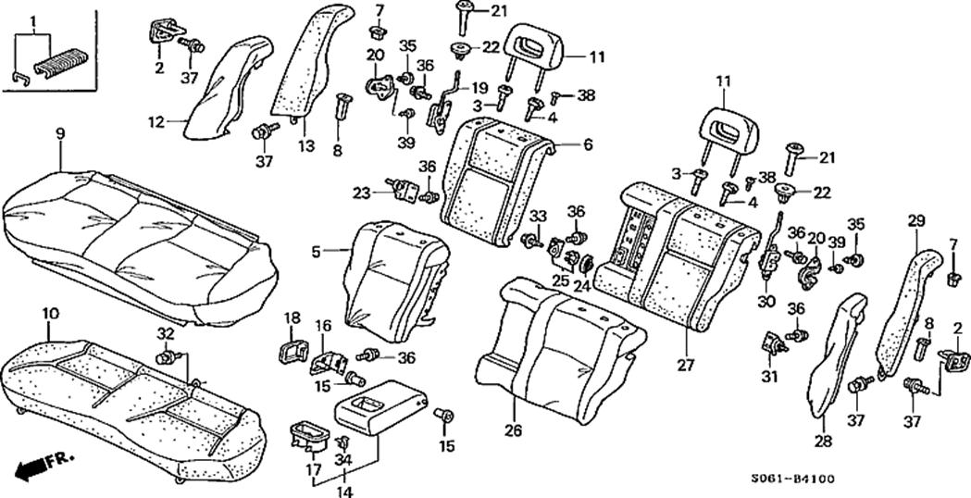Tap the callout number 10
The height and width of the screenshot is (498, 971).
pos(49,316)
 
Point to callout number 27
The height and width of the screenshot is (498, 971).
pos(685,365)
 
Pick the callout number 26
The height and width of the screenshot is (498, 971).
pos(513,430)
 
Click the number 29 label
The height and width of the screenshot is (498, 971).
pos(916,220)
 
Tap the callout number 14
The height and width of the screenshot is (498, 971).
pos(345,492)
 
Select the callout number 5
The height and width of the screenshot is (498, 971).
pos(315,250)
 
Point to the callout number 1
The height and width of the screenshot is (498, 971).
pos(33,20)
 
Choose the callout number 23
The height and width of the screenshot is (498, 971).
pos(361,193)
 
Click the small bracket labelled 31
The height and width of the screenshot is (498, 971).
pos(772,345)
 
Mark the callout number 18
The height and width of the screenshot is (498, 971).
pos(292,318)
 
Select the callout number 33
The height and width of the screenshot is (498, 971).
pos(538,217)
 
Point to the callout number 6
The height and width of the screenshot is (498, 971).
pos(587,145)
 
